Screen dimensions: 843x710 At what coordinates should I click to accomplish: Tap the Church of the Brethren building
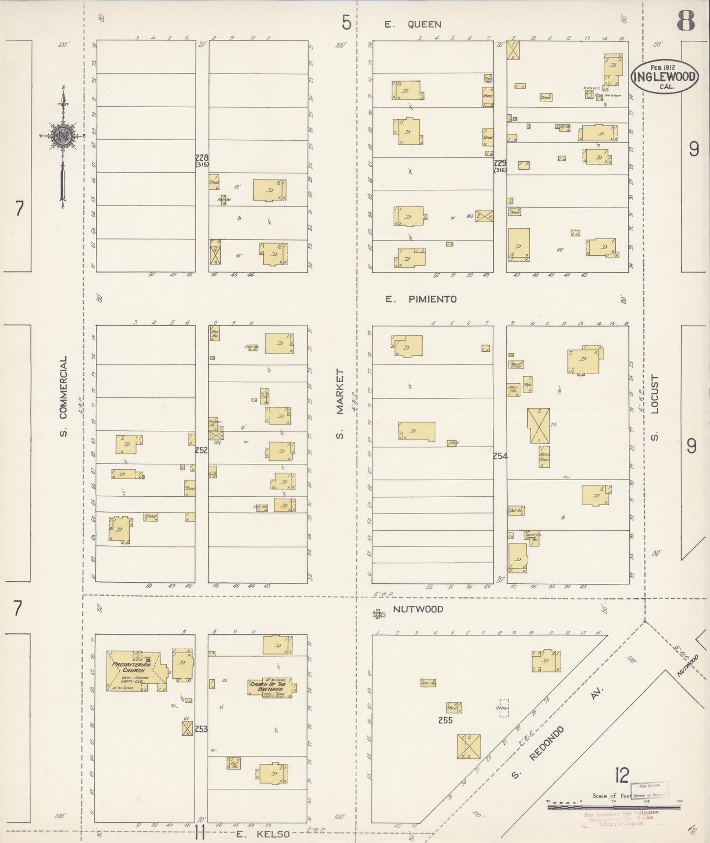point(272,687)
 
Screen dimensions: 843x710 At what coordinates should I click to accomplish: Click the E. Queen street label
point(413,24)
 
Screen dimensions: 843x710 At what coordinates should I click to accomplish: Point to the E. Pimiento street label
point(421,299)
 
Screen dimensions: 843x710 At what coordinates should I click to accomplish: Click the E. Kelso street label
point(260,834)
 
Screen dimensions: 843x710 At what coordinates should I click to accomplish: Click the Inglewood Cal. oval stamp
point(664,77)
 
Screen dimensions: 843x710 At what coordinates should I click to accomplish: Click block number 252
point(201,450)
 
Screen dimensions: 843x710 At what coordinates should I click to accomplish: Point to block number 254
point(500,456)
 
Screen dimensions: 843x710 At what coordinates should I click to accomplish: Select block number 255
point(445,721)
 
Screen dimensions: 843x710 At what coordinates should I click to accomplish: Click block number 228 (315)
point(201,160)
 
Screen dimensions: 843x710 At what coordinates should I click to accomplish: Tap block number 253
point(201,729)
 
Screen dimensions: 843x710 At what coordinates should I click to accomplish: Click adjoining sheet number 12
point(622,776)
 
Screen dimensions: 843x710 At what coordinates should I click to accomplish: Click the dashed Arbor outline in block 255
point(504,708)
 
